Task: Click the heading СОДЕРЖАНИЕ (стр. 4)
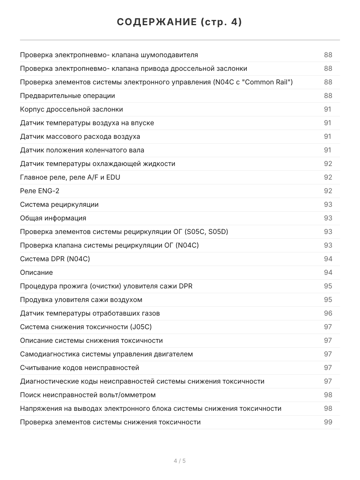click(x=180, y=22)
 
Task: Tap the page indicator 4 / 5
click(x=180, y=461)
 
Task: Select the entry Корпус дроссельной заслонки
click(x=72, y=109)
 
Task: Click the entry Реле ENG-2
click(x=40, y=191)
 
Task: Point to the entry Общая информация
click(x=53, y=218)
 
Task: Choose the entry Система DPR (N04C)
click(x=55, y=259)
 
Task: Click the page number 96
click(x=328, y=313)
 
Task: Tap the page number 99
click(x=328, y=422)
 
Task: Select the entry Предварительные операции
click(x=68, y=96)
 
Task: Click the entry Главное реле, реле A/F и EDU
click(x=70, y=177)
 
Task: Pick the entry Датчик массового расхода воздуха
click(x=80, y=136)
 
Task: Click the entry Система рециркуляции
click(x=59, y=204)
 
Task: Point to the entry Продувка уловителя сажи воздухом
click(x=81, y=300)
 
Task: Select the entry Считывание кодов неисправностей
click(x=80, y=368)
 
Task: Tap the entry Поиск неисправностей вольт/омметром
click(x=88, y=395)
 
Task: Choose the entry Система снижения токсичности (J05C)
click(x=86, y=327)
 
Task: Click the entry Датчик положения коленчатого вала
click(x=82, y=150)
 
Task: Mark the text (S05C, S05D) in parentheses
click(x=206, y=232)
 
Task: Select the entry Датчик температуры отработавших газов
click(x=90, y=313)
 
